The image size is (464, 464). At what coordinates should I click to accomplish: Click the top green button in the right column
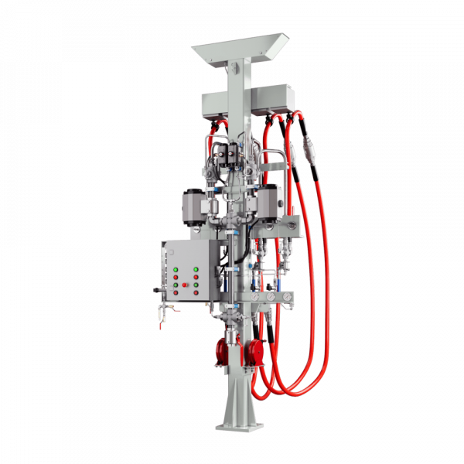click(196, 269)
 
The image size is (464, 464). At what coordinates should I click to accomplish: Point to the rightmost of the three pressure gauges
click(287, 296)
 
